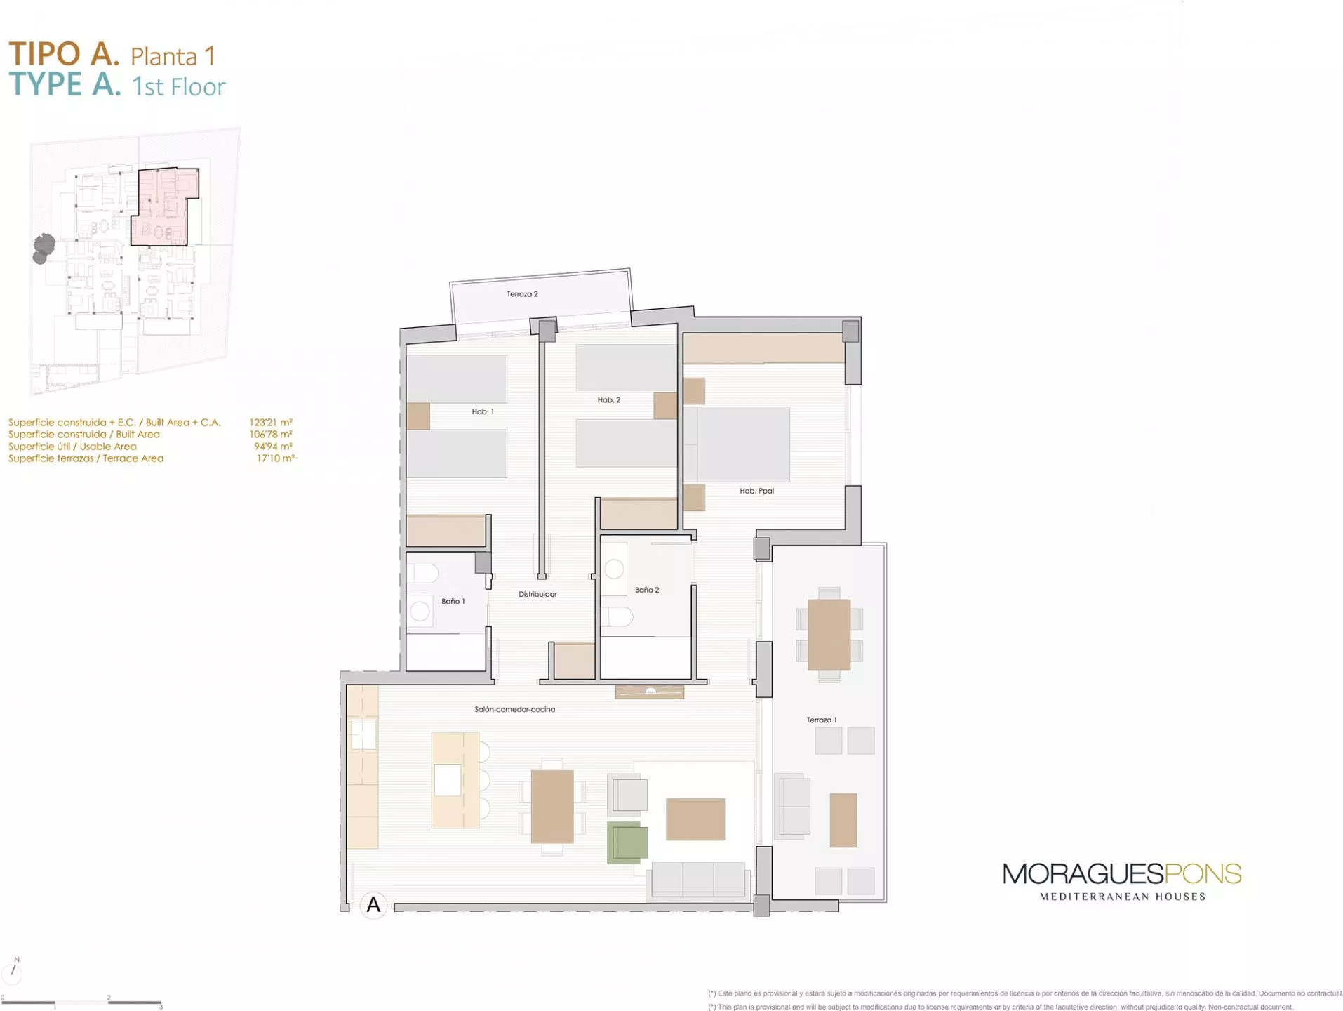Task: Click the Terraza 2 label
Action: point(522,294)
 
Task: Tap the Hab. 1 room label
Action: point(483,411)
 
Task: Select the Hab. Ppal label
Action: point(756,491)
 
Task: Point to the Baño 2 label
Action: point(647,590)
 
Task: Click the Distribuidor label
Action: point(537,594)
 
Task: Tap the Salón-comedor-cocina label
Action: point(514,709)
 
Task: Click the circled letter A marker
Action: point(373,905)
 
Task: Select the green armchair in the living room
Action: point(627,842)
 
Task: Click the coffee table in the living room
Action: point(695,819)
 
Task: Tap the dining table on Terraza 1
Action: point(829,635)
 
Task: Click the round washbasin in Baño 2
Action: point(614,569)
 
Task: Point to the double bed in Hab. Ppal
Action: point(737,444)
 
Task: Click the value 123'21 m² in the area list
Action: point(271,423)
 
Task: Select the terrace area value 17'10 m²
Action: point(275,458)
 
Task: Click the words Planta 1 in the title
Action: point(173,56)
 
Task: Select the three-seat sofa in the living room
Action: point(698,879)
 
